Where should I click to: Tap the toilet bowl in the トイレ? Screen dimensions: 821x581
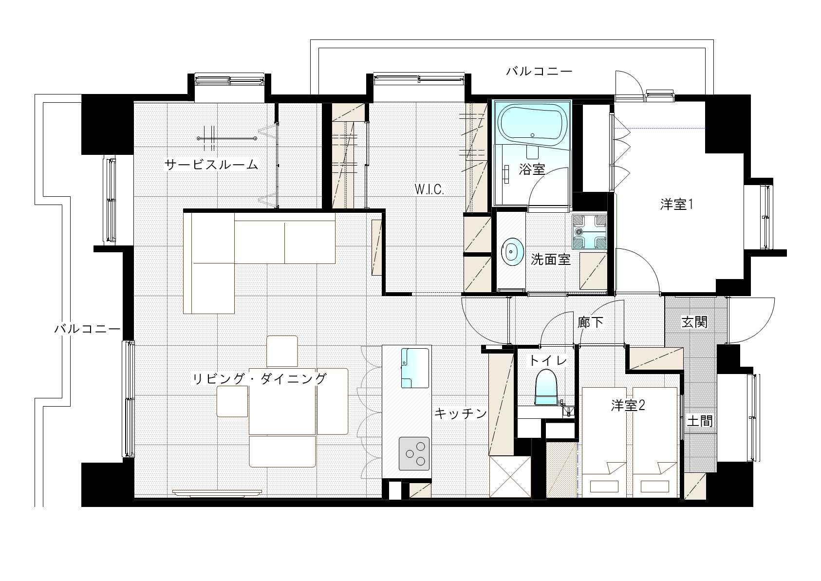click(546, 387)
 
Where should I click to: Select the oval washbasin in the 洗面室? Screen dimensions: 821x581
click(512, 252)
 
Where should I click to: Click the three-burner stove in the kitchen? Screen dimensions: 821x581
click(414, 453)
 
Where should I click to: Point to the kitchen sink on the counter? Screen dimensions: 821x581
click(415, 368)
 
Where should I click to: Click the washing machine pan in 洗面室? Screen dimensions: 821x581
click(589, 232)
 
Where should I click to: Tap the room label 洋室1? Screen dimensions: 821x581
click(676, 204)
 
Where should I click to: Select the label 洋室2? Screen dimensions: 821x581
click(628, 405)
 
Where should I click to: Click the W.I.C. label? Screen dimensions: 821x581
click(429, 189)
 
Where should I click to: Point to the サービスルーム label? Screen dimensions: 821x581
click(211, 165)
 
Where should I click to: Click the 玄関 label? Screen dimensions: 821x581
click(694, 322)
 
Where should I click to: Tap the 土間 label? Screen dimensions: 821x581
click(700, 421)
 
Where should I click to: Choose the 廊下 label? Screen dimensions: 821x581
click(590, 322)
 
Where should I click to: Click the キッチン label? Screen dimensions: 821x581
click(461, 413)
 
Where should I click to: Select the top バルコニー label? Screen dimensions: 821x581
click(539, 71)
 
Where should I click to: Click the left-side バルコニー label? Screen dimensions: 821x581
click(87, 328)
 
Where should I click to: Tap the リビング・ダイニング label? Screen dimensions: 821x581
click(260, 378)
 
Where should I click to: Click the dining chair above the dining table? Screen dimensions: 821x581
click(282, 351)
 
